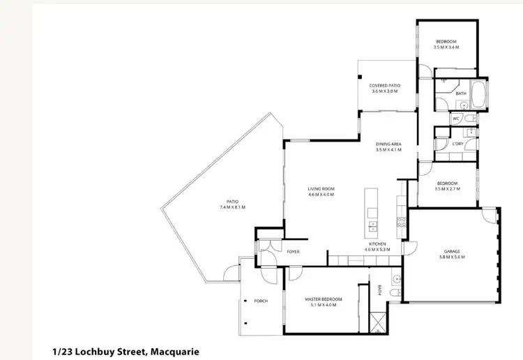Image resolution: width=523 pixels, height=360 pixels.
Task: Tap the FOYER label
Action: click(x=293, y=251)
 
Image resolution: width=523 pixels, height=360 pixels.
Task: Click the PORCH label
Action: click(x=261, y=301)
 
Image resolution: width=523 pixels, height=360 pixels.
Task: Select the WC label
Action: click(x=455, y=119)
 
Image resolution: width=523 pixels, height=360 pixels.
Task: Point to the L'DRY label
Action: click(x=457, y=144)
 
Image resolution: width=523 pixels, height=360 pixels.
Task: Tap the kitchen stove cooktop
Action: click(x=401, y=223)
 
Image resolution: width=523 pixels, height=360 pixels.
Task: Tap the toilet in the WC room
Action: click(x=471, y=119)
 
